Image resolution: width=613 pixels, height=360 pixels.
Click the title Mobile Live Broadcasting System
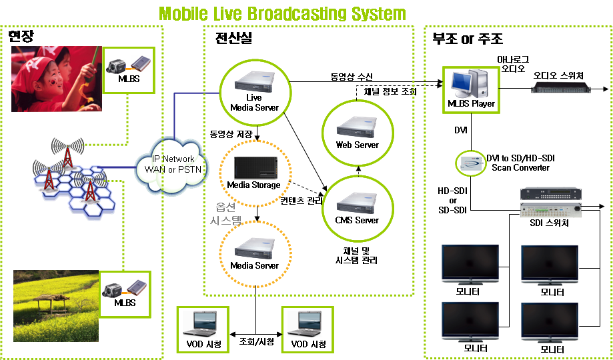point(282,13)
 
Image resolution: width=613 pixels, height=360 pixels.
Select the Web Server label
point(357,145)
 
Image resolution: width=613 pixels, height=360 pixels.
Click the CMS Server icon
point(357,201)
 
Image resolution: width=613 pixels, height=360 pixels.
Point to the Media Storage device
point(253,167)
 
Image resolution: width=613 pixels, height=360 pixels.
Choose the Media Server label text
point(254,265)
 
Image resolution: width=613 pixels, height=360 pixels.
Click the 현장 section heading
point(21,36)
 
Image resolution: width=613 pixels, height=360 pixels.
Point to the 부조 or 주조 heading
point(468,39)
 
